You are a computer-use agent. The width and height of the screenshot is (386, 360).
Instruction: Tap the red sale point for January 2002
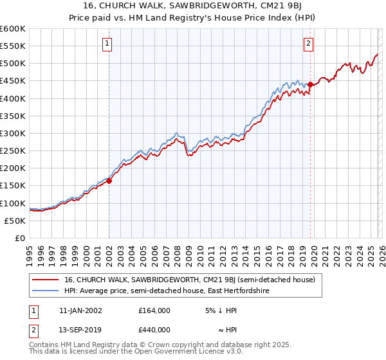click(x=109, y=181)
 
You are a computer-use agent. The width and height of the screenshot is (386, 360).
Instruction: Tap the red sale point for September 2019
click(x=310, y=84)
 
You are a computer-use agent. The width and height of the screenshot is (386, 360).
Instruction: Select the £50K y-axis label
click(x=15, y=221)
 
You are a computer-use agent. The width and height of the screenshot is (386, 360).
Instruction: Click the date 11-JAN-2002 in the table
click(x=80, y=310)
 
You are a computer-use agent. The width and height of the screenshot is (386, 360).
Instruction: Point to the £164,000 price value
click(x=154, y=310)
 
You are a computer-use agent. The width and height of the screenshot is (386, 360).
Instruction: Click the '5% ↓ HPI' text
click(x=221, y=310)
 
